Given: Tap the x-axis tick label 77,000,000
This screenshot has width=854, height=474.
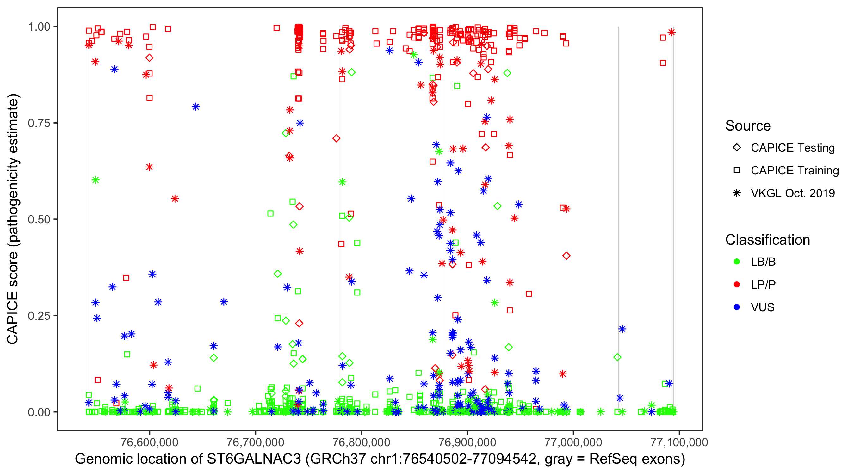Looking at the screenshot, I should coord(573,442).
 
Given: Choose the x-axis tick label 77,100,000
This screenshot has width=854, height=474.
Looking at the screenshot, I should coord(679,442).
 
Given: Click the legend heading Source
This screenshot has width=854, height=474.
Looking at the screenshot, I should coord(748,126).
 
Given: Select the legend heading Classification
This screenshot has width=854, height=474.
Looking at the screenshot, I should coord(767,240).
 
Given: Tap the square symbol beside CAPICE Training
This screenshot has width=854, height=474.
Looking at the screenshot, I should coord(737,171).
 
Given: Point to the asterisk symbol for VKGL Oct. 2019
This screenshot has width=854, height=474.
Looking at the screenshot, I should coord(737,193).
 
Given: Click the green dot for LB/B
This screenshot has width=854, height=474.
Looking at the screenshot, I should coord(737,262).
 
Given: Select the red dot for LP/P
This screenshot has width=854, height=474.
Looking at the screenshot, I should coord(737,284).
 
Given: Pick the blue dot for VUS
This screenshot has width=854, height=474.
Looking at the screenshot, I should coord(737,307).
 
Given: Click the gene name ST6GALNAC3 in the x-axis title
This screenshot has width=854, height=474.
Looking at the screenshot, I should coord(254,459).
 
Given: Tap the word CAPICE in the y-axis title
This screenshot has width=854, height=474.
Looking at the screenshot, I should coord(13,318).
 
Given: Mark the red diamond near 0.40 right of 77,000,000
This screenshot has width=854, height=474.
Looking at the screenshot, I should coord(566,256).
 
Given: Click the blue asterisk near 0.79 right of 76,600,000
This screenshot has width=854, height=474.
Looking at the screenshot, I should coord(195,107).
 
